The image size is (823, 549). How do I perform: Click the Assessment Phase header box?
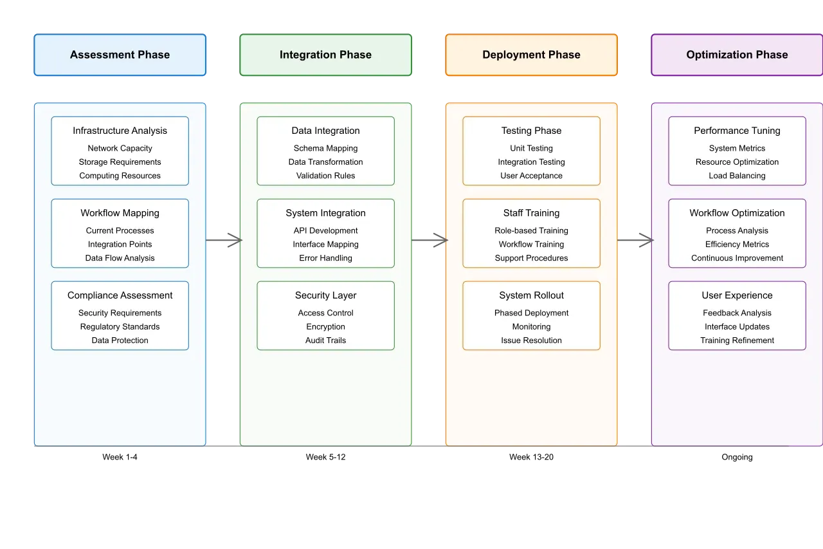tap(120, 55)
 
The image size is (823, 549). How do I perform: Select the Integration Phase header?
tap(325, 55)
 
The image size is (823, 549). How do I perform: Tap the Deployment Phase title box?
tap(531, 55)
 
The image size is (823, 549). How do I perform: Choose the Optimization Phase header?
tap(737, 55)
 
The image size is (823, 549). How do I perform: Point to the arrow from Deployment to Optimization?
tap(635, 240)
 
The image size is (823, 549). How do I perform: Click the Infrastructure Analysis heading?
tap(120, 131)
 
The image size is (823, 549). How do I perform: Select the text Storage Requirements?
tap(120, 162)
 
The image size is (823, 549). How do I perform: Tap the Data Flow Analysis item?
tap(120, 258)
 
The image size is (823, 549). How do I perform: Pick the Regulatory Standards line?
tap(120, 327)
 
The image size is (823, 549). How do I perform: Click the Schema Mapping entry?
tap(325, 149)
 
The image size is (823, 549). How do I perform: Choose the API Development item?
tap(325, 231)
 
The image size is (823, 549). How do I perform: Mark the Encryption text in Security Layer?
tap(325, 327)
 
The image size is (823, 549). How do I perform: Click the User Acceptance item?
tap(531, 176)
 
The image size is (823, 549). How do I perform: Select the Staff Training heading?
tap(531, 213)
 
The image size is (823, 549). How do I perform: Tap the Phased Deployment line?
tap(531, 313)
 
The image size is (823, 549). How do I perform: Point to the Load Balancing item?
tap(737, 176)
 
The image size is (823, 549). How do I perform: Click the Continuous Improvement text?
tap(737, 258)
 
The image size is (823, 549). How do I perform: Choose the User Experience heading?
tap(737, 295)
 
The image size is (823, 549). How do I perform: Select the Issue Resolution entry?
tap(531, 340)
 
